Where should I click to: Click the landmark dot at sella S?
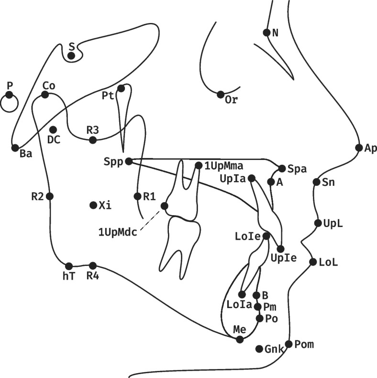[71, 56]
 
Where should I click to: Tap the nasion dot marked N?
[266, 32]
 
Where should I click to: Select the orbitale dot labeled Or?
[220, 94]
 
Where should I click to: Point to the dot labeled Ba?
[15, 148]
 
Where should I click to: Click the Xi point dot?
[93, 205]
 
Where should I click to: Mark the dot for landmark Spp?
[129, 161]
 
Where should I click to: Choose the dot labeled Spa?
[282, 169]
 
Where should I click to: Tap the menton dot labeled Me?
[240, 339]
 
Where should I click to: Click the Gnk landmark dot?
[259, 349]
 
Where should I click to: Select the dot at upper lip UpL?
[318, 223]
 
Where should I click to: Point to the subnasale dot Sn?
[316, 182]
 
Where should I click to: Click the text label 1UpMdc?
[118, 232]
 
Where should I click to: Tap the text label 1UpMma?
[224, 166]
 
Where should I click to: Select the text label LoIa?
[239, 305]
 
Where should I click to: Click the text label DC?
[54, 139]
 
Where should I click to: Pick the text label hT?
[69, 276]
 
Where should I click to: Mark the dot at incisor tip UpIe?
[280, 249]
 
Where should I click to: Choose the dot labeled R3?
[93, 140]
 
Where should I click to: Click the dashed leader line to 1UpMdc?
[150, 220]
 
